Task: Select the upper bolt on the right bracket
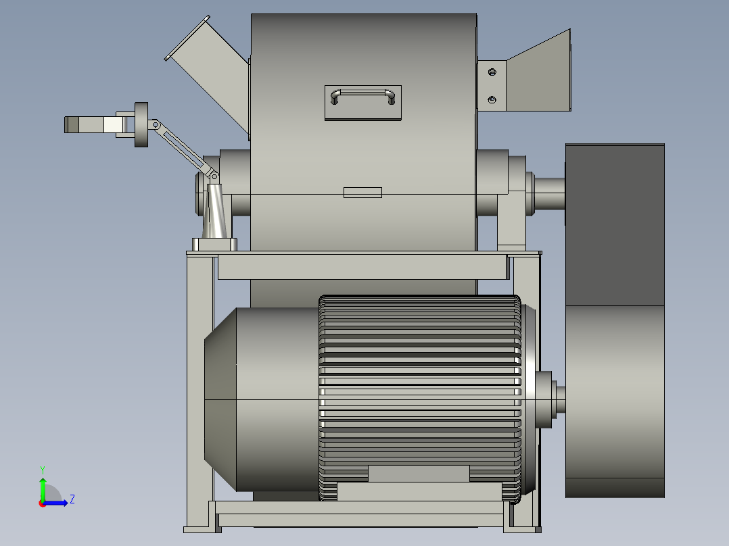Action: [x=492, y=72]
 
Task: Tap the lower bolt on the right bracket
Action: [x=492, y=99]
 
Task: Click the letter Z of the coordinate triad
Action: [x=72, y=499]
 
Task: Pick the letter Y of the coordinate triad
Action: [x=43, y=470]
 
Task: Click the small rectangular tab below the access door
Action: [x=362, y=193]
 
